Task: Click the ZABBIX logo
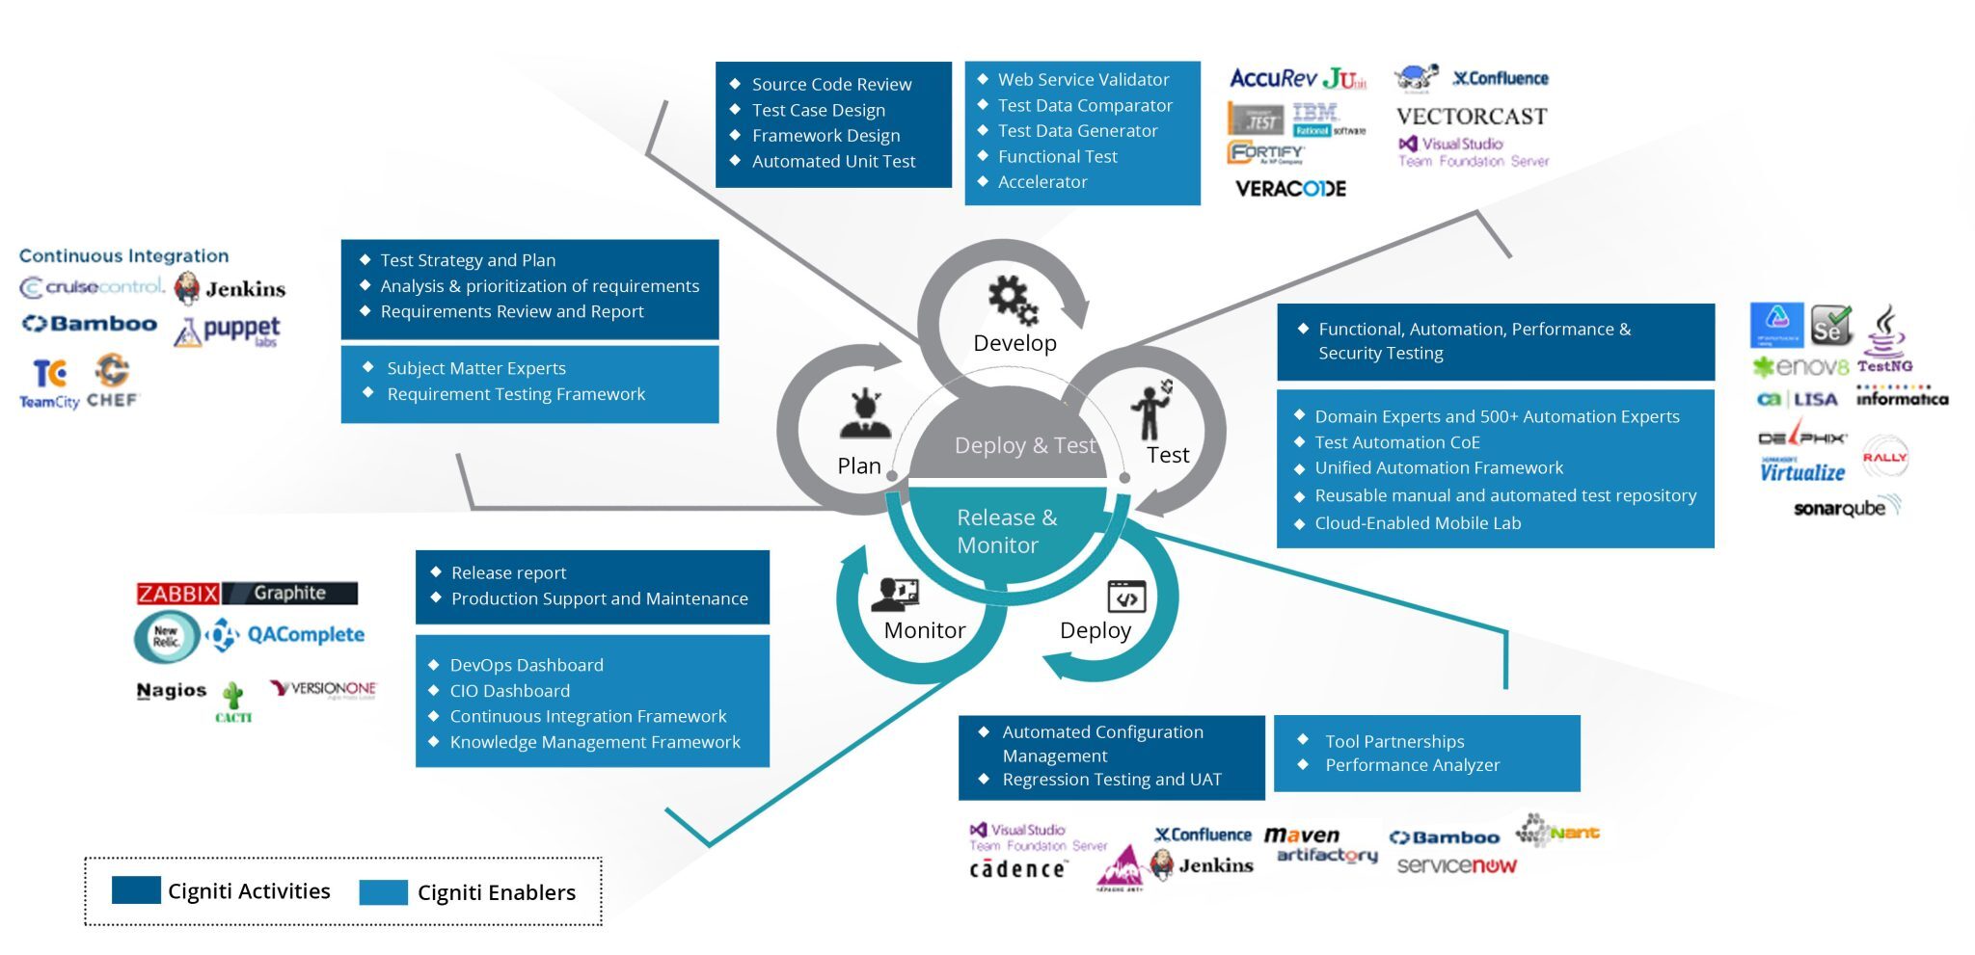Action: click(178, 594)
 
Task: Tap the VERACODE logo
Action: click(1290, 189)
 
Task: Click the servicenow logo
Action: click(1456, 865)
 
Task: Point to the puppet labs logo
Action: click(230, 331)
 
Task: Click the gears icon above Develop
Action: click(1013, 300)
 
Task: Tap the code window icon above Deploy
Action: click(1125, 597)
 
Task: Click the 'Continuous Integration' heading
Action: click(123, 255)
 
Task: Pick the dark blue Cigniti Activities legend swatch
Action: click(136, 889)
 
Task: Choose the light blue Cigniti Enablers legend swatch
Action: click(383, 891)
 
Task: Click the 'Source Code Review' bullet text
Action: click(831, 85)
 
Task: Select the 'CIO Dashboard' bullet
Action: click(509, 691)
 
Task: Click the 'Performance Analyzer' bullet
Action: click(1412, 765)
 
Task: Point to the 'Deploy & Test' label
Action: click(1024, 445)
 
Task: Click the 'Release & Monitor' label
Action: click(1006, 531)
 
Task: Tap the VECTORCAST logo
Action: click(1471, 117)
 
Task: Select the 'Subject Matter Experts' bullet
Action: click(476, 368)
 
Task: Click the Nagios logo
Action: click(171, 690)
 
